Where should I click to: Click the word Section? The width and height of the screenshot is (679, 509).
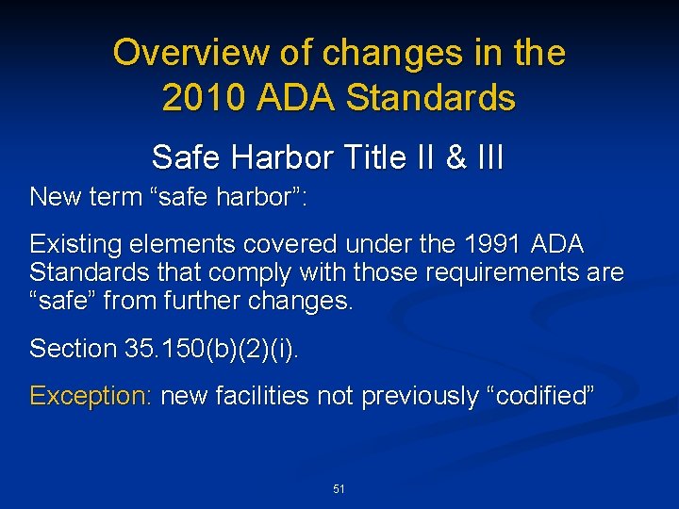click(73, 349)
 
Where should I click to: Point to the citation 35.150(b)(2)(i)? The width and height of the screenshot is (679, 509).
click(212, 349)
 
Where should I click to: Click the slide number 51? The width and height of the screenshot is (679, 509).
click(339, 489)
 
